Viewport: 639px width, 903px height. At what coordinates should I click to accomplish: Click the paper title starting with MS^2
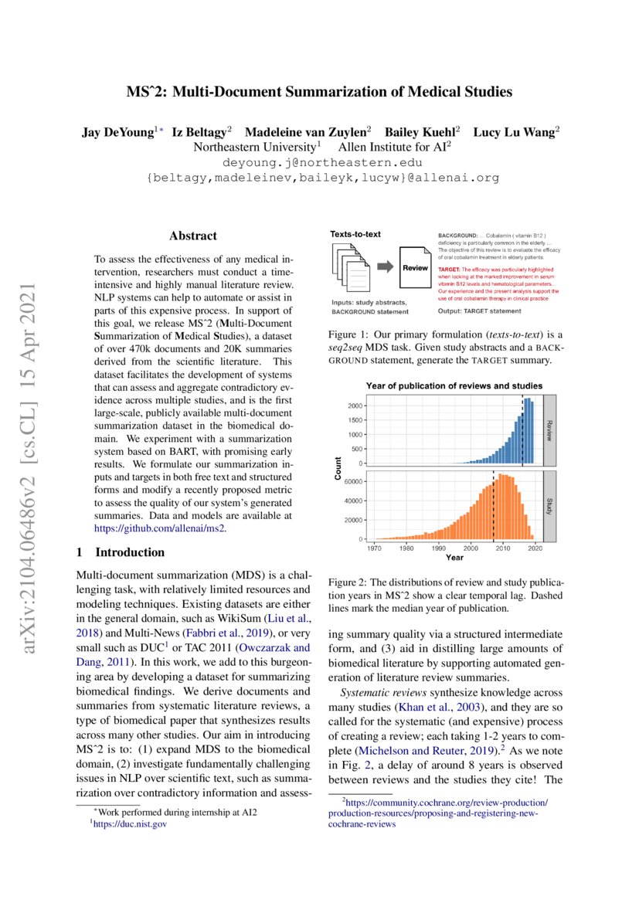pyautogui.click(x=319, y=93)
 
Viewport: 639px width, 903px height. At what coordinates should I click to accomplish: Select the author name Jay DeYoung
pyautogui.click(x=118, y=132)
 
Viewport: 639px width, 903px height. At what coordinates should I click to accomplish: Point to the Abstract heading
pyautogui.click(x=193, y=236)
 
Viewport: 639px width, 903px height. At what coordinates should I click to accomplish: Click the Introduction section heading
pyautogui.click(x=129, y=552)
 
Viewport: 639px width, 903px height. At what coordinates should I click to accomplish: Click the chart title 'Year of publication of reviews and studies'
pyautogui.click(x=454, y=385)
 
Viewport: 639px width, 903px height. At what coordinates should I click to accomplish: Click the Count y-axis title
pyautogui.click(x=338, y=468)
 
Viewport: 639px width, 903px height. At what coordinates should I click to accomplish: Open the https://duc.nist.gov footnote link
pyautogui.click(x=131, y=824)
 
